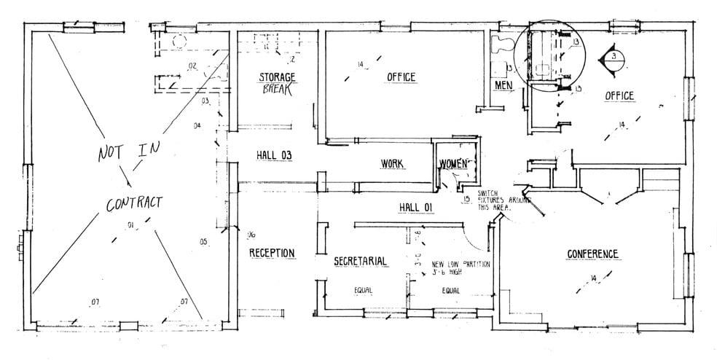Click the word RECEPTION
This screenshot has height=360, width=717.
click(x=272, y=253)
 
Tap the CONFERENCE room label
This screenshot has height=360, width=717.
click(x=592, y=254)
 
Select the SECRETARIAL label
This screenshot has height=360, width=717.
click(x=359, y=261)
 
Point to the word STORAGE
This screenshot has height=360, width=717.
click(x=278, y=77)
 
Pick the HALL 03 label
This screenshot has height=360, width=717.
click(x=274, y=154)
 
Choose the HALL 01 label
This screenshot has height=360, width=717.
click(x=416, y=208)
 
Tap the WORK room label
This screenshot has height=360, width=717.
click(x=392, y=163)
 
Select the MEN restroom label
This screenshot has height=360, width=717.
click(x=504, y=85)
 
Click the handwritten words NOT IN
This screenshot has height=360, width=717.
click(x=132, y=152)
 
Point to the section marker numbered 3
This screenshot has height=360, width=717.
click(x=614, y=57)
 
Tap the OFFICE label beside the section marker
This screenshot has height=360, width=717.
click(x=619, y=95)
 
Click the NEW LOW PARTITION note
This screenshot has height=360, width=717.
click(x=461, y=267)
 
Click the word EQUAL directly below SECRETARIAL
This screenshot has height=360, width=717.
click(x=363, y=290)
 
